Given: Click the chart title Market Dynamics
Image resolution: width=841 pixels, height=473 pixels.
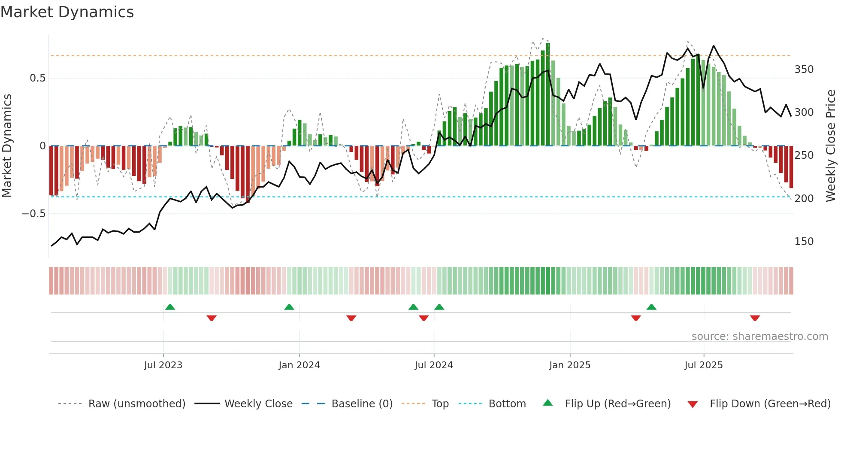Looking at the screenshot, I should tap(67, 12).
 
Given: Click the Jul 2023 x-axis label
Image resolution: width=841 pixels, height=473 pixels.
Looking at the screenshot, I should tap(163, 365).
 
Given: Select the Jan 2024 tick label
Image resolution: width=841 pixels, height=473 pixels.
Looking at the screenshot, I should tap(299, 365).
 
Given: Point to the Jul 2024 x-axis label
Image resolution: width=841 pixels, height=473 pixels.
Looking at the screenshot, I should tap(434, 365).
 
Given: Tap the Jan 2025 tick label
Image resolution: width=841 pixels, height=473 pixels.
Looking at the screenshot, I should tap(570, 365).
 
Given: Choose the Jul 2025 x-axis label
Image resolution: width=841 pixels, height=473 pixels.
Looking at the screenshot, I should tap(704, 365).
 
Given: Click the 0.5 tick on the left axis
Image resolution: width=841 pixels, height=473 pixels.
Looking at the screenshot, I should tap(37, 78).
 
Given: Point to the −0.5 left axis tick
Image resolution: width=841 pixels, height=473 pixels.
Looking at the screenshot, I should tap(34, 214).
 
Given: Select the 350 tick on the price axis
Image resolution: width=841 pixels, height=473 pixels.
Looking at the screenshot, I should tap(804, 70).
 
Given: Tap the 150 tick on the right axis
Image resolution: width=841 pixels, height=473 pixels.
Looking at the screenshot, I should tap(804, 242).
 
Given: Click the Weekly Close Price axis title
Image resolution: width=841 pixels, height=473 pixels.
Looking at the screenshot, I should tap(831, 146).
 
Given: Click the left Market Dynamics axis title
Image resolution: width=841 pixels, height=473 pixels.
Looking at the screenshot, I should tap(7, 146).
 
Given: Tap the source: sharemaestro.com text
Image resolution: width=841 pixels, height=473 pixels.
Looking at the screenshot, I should tap(759, 337).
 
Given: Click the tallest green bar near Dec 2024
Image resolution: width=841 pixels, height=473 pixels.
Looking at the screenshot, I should tap(548, 94).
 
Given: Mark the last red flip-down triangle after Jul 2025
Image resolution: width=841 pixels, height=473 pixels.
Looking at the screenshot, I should tap(755, 318).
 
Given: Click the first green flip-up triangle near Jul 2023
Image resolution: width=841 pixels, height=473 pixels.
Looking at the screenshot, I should tap(170, 307).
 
